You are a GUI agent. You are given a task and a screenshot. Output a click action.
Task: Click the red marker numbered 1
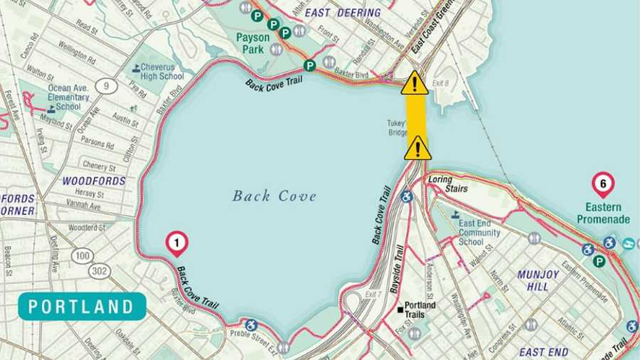(176, 244)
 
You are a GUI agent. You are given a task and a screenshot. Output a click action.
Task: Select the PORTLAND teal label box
(82, 307)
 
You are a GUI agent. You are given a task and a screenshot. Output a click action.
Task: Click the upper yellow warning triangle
(415, 84)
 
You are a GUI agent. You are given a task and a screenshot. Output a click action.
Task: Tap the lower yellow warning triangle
(417, 148)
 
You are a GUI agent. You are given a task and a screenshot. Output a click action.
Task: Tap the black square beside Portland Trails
(400, 309)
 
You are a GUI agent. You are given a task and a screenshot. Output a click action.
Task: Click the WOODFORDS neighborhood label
(94, 181)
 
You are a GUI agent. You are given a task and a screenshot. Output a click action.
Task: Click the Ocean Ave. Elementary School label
(68, 97)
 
